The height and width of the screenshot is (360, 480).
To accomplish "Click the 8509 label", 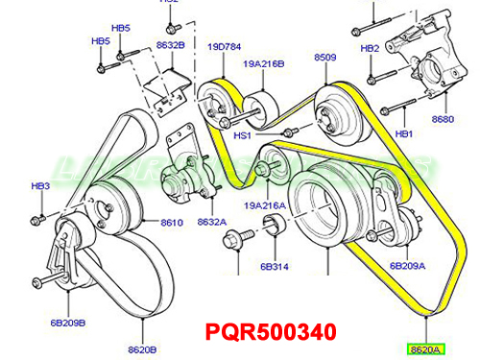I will pyautogui.click(x=325, y=59).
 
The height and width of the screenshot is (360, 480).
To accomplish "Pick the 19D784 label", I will pyautogui.click(x=223, y=45).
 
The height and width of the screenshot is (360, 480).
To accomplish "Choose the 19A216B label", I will pyautogui.click(x=264, y=64).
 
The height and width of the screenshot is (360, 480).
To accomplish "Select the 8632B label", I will pyautogui.click(x=170, y=45).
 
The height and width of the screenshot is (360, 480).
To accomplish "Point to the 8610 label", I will pyautogui.click(x=172, y=222).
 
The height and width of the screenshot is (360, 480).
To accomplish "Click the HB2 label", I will pyautogui.click(x=370, y=48).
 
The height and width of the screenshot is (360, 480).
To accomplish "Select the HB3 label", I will pyautogui.click(x=39, y=185).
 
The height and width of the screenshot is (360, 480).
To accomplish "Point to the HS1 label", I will pyautogui.click(x=242, y=136).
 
